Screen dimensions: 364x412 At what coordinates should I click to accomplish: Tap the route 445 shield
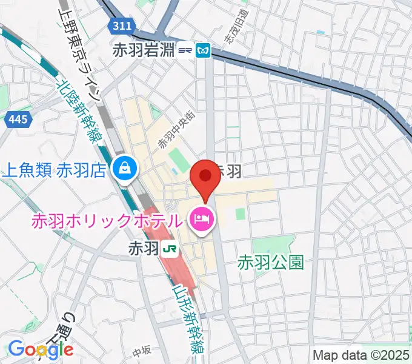(x=18, y=120)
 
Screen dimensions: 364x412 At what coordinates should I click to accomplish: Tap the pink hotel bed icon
(x=201, y=219)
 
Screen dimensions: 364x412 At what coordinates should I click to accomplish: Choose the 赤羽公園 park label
(x=270, y=263)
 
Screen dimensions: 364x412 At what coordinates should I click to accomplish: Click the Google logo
(x=41, y=349)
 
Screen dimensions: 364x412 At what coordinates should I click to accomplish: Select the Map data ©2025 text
(x=361, y=354)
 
